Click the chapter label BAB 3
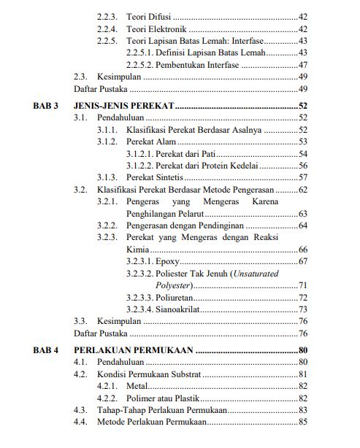coord(45,106)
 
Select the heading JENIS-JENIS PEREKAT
coord(124,106)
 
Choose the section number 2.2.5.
coord(107,41)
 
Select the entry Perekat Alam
coord(151,141)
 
